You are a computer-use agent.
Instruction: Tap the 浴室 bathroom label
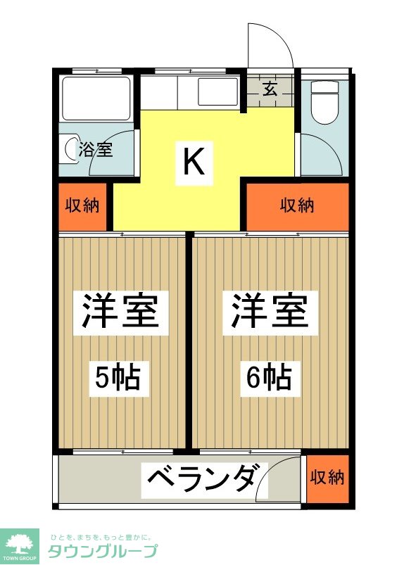point(95,150)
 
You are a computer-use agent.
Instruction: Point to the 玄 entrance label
point(270,89)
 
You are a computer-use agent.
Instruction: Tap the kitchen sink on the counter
point(217,92)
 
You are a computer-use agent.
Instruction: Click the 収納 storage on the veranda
point(327,478)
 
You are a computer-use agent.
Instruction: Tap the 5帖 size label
point(118,379)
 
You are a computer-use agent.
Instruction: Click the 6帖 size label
point(269,379)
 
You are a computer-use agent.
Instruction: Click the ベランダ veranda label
point(199,480)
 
